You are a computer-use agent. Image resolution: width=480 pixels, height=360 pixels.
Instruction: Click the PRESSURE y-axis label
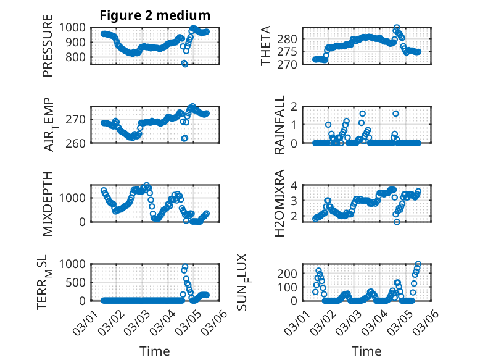coord(48,51)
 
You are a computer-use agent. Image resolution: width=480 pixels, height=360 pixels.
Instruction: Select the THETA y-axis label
coord(266,46)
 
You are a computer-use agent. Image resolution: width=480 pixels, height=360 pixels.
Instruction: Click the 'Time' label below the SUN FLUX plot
coord(366,351)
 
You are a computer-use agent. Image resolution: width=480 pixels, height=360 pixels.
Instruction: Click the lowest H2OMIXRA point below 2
coord(397,222)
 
